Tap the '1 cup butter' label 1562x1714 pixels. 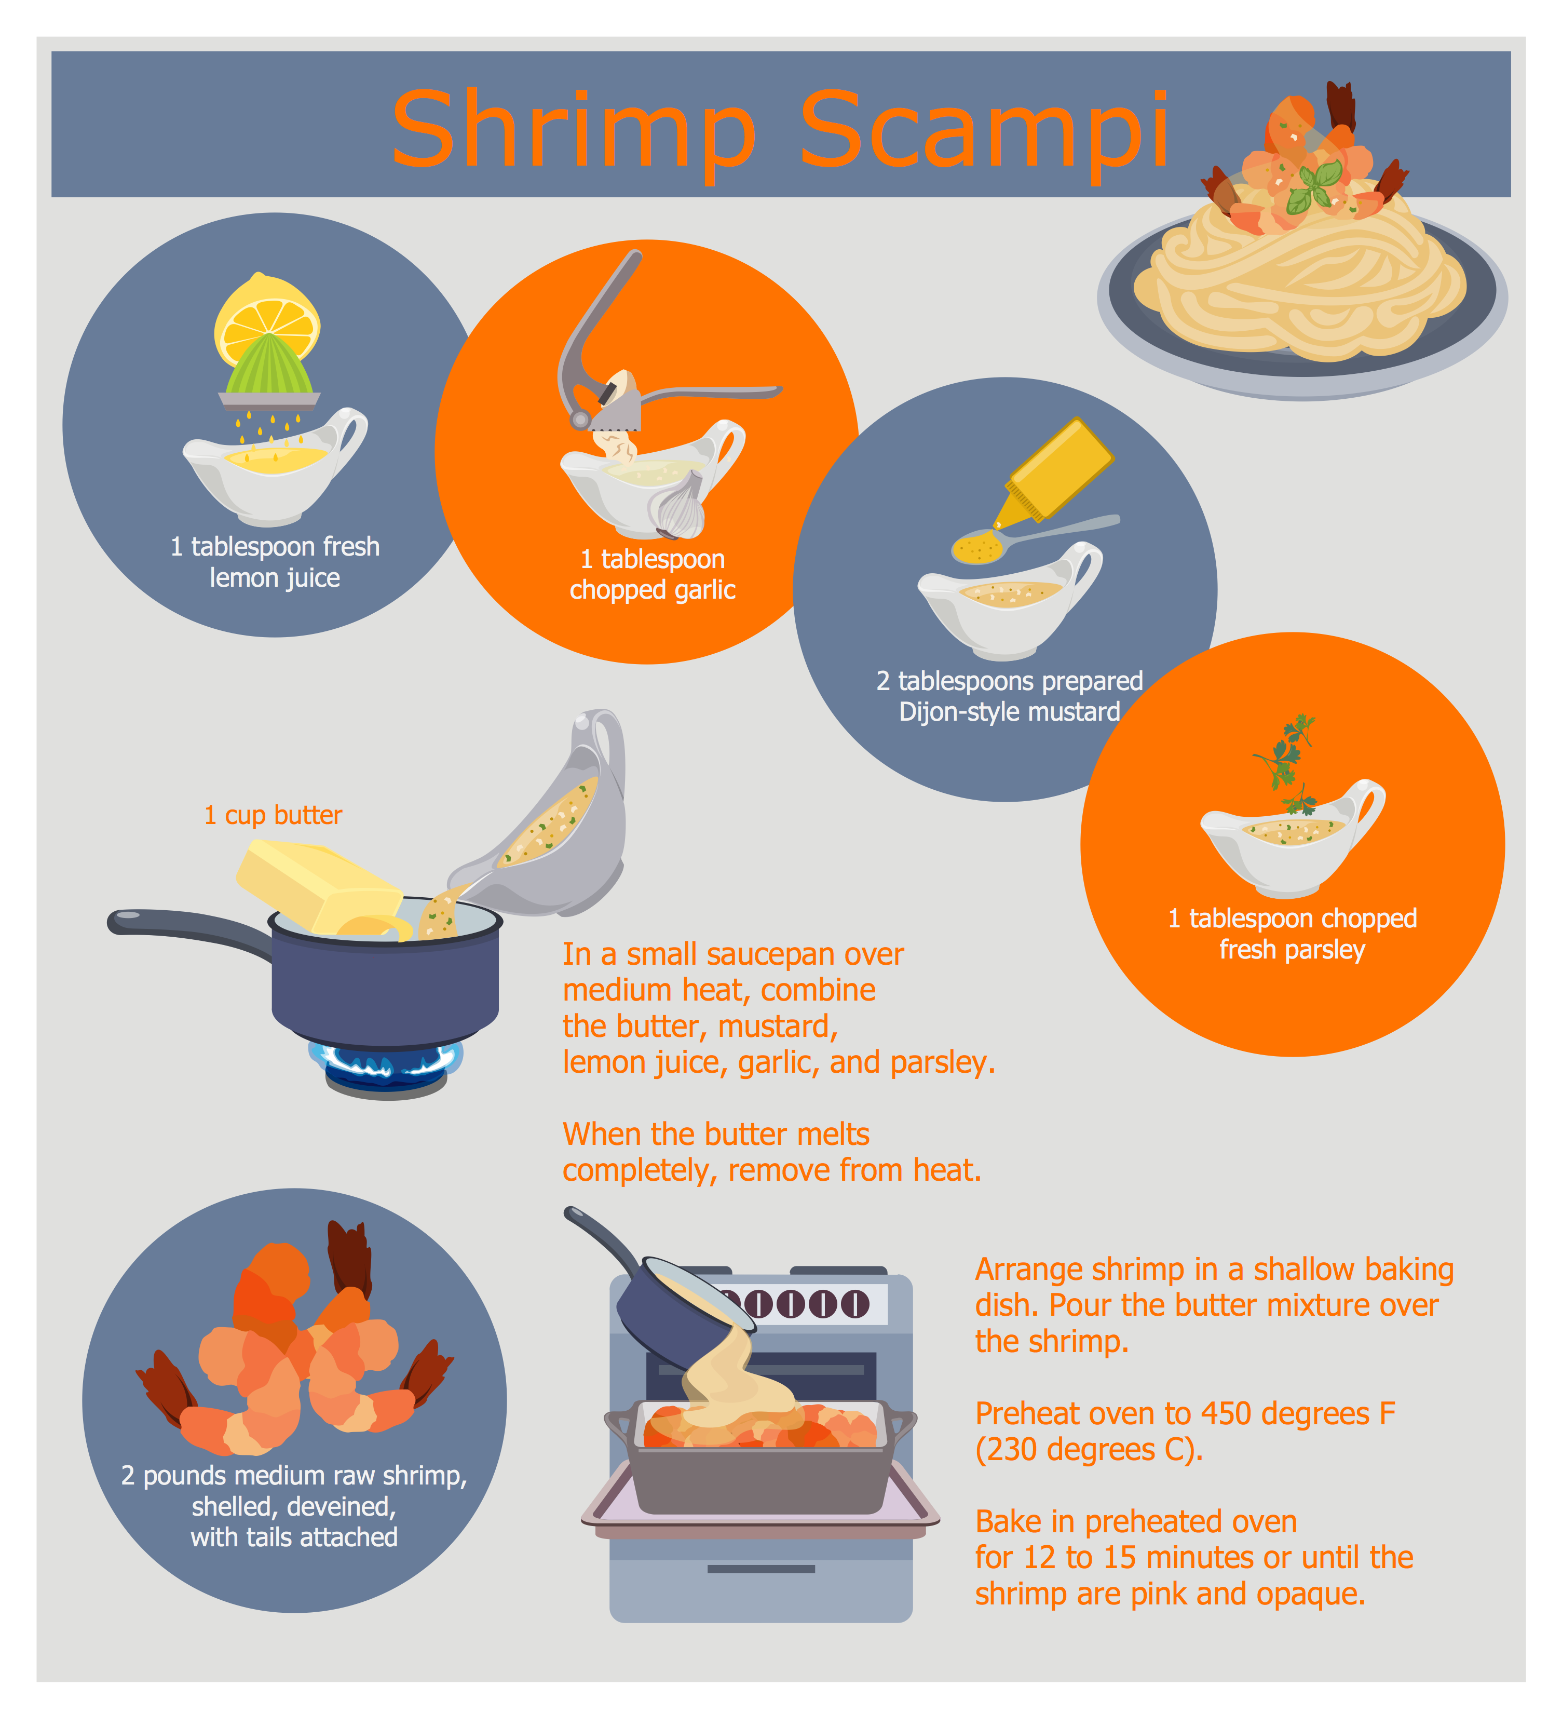tap(273, 815)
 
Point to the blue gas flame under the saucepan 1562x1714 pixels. tap(387, 1060)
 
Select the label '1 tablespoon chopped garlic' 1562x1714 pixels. tap(652, 575)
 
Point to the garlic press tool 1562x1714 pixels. tap(612, 357)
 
